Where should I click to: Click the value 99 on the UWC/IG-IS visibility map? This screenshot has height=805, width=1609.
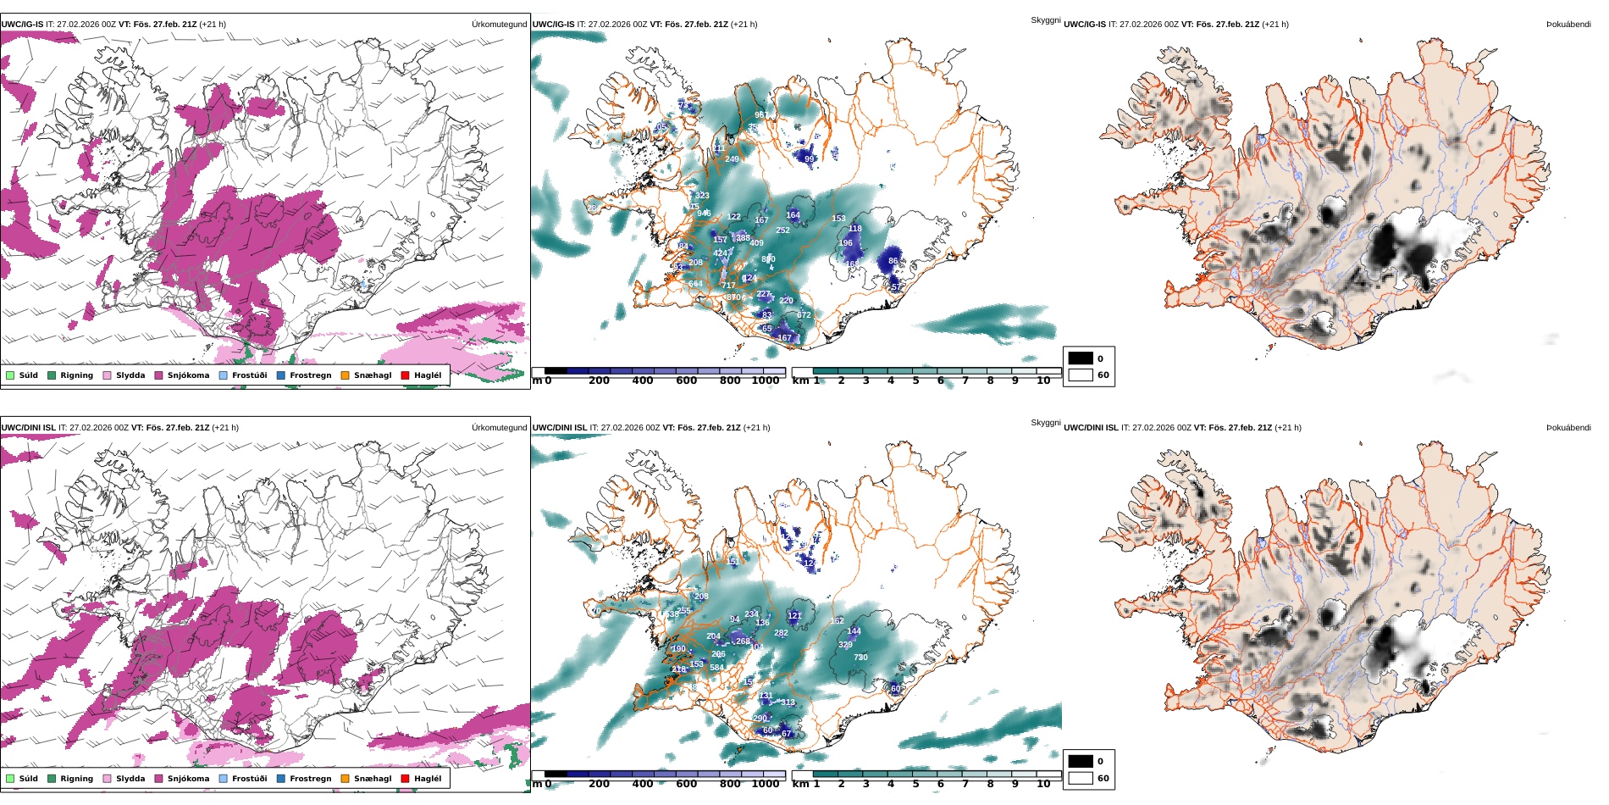click(809, 159)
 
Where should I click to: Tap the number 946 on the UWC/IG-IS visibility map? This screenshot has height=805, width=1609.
click(704, 214)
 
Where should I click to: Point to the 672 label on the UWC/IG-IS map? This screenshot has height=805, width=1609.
click(804, 315)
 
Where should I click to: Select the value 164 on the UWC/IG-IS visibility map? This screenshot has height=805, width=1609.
click(793, 215)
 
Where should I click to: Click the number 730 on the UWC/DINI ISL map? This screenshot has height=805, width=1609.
click(860, 658)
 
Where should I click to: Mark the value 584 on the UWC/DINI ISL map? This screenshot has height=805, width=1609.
click(716, 668)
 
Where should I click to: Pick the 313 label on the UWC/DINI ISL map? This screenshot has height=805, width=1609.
click(788, 702)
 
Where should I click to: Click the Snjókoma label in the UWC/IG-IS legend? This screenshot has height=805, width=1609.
click(188, 375)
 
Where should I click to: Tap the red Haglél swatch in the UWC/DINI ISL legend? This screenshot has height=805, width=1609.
click(405, 779)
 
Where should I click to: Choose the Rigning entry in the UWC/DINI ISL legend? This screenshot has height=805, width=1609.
click(76, 779)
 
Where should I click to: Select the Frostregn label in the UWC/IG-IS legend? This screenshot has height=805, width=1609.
click(310, 375)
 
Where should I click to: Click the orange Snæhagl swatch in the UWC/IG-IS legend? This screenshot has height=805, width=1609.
click(345, 375)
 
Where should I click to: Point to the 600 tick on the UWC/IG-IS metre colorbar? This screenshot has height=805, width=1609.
click(686, 381)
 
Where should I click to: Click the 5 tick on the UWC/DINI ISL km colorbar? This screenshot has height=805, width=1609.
click(915, 784)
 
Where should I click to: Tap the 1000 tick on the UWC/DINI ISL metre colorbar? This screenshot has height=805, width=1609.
click(766, 784)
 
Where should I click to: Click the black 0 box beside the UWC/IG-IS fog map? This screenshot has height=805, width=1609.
click(1081, 358)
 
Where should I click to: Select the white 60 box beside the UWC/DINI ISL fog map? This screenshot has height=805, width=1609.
click(1081, 778)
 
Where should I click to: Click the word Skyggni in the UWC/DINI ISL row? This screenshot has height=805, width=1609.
click(1045, 423)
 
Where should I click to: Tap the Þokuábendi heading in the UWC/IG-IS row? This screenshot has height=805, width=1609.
click(1568, 25)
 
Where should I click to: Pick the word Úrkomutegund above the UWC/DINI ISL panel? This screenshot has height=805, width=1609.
click(499, 428)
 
